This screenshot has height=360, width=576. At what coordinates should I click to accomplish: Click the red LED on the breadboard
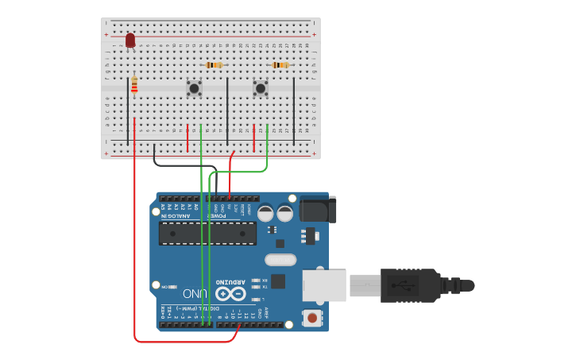tap(130, 40)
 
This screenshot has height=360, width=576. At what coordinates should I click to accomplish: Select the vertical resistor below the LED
tap(134, 85)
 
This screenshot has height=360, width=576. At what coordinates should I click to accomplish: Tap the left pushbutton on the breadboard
tap(194, 88)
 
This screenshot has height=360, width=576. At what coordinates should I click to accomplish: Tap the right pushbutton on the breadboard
tap(260, 88)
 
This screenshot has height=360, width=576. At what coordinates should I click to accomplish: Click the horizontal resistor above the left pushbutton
tap(214, 65)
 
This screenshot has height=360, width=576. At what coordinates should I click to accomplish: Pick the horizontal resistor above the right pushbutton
tap(280, 65)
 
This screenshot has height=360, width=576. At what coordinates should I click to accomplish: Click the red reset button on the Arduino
tap(312, 318)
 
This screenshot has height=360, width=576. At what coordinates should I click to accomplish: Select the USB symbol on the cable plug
tap(408, 285)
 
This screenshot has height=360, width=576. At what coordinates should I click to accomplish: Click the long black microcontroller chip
tap(207, 234)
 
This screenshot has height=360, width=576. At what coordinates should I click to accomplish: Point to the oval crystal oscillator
tap(280, 259)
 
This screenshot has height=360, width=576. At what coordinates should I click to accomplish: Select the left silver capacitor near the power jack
tap(265, 213)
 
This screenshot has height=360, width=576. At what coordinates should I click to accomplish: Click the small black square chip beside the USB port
tap(278, 281)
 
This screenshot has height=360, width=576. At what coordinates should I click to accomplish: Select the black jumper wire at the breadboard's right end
tap(294, 110)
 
